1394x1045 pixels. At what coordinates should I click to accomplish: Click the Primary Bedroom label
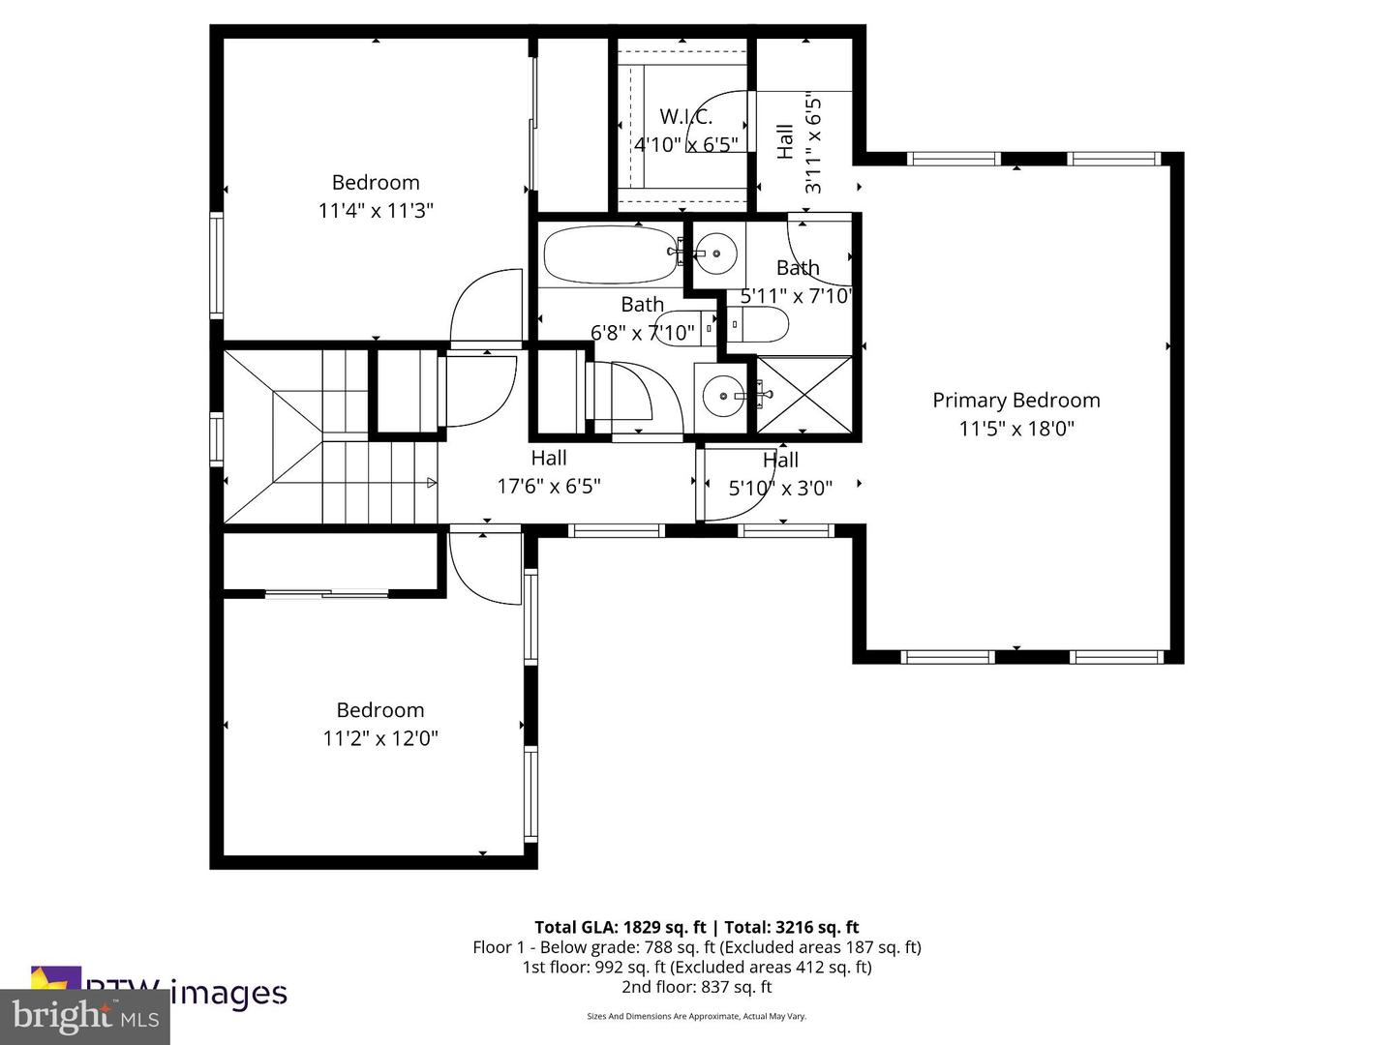(x=1015, y=400)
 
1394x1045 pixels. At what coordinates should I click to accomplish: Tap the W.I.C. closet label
(x=686, y=117)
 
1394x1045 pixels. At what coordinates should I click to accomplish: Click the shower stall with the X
(x=804, y=395)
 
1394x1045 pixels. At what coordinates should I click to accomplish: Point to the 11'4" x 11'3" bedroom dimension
(x=376, y=210)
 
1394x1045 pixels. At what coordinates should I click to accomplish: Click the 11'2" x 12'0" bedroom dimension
(x=380, y=738)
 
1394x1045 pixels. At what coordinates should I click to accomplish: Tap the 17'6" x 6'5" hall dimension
(x=549, y=486)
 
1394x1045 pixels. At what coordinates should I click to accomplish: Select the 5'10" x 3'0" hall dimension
(x=780, y=488)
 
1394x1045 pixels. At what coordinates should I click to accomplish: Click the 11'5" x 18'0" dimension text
(x=1015, y=428)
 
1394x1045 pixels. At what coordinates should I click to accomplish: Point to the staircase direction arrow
(x=431, y=482)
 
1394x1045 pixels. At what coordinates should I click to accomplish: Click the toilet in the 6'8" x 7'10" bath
(x=682, y=327)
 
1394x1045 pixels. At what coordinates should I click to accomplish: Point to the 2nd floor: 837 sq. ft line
(x=696, y=987)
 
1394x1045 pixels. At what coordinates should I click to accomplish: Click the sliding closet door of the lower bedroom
(x=327, y=593)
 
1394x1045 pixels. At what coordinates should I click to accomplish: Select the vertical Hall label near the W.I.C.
(x=785, y=141)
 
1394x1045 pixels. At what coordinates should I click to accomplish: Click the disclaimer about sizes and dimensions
(x=696, y=1016)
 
